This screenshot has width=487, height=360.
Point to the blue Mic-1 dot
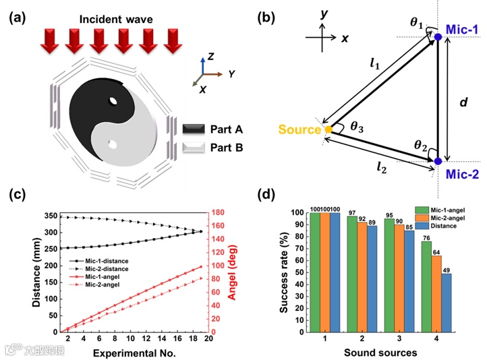coord(438,36)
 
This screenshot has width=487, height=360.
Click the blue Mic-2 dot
coord(438,161)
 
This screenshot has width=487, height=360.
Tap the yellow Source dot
coord(328,129)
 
